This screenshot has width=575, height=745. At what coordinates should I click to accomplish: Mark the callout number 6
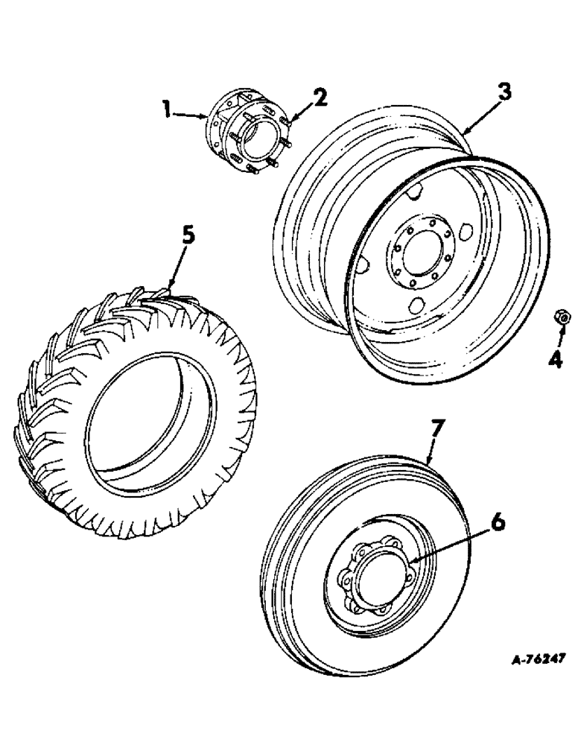point(498,522)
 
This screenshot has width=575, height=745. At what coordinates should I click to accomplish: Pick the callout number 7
point(438,428)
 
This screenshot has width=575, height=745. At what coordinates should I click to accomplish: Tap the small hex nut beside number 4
point(563,319)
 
